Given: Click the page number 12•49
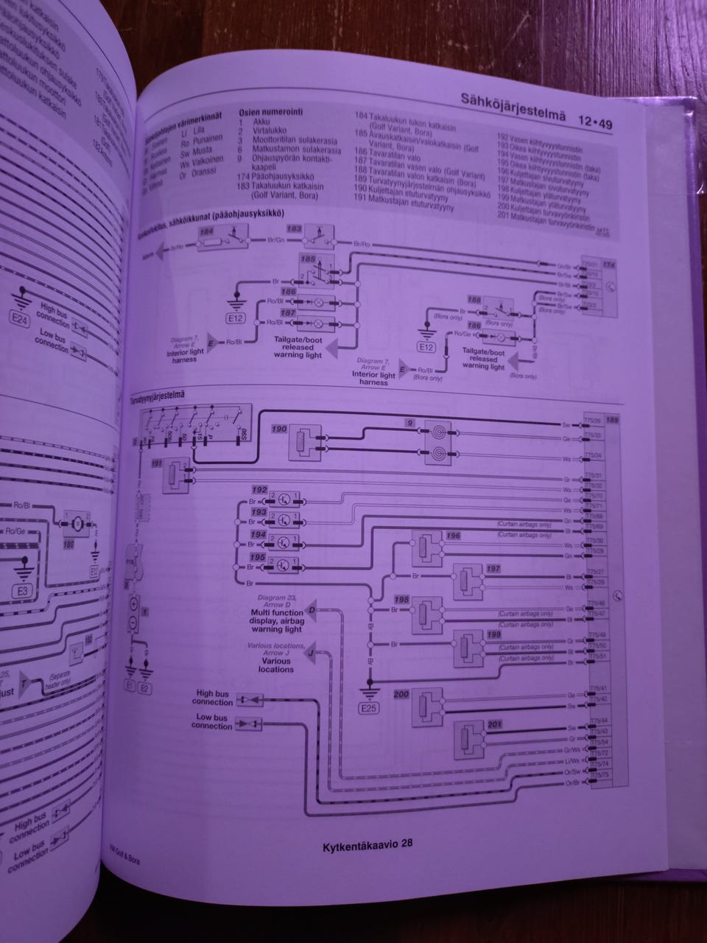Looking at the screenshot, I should pyautogui.click(x=595, y=123).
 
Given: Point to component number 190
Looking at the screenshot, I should pyautogui.click(x=279, y=427).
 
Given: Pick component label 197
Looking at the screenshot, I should pyautogui.click(x=493, y=569).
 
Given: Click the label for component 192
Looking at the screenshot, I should pyautogui.click(x=259, y=489).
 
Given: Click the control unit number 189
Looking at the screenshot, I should pyautogui.click(x=611, y=421).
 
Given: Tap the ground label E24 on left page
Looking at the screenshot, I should pyautogui.click(x=21, y=321).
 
